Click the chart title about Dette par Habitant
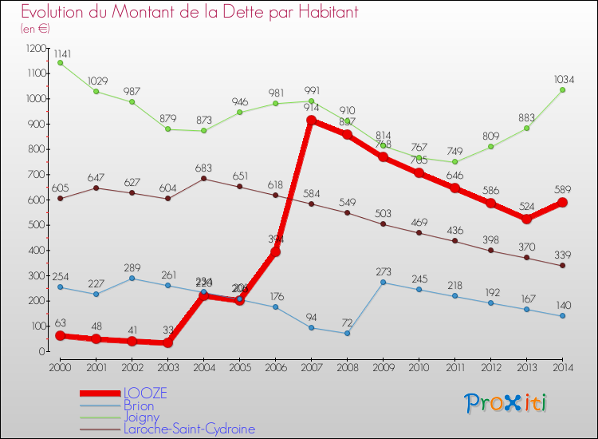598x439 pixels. point(189,13)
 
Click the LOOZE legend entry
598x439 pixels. point(145,394)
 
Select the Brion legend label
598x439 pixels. point(139,405)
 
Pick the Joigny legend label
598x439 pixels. point(141,417)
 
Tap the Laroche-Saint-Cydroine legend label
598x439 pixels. point(190,429)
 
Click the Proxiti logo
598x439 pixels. point(506,403)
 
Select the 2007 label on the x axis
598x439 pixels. point(311,366)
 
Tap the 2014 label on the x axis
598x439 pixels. point(562,366)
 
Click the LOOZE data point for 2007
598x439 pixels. point(311,121)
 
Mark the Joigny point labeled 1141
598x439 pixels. point(60,63)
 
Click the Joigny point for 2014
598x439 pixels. point(562,90)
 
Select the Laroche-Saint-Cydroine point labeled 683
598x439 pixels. point(203,179)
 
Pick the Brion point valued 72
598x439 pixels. point(347,333)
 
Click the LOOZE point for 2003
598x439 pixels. point(167,342)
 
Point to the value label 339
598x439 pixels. point(562,255)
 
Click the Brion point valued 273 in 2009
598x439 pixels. point(383,283)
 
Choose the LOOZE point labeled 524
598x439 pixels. point(526,219)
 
